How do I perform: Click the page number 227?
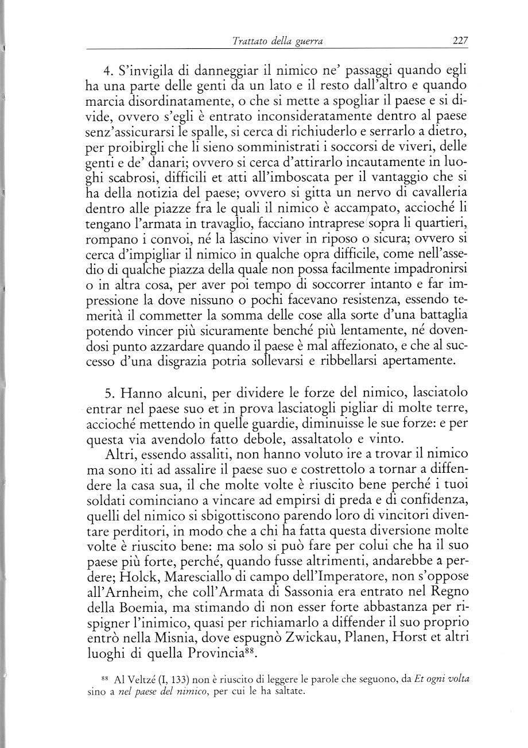[x=460, y=41]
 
